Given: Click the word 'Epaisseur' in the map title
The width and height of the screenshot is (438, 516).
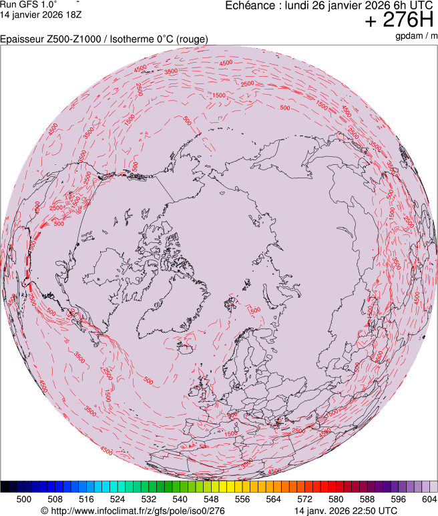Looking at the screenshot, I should [21, 39].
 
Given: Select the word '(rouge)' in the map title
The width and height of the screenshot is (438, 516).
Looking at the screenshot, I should [191, 39].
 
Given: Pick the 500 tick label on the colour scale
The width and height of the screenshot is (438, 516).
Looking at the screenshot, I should [24, 499].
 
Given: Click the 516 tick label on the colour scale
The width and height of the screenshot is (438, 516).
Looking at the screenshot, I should [86, 499].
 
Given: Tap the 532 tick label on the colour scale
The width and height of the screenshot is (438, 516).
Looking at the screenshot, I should [149, 499].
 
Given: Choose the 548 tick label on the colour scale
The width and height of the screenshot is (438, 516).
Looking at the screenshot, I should [211, 499].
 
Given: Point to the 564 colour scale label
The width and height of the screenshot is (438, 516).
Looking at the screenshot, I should [274, 499].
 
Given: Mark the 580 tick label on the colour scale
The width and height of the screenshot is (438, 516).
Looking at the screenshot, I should [336, 499].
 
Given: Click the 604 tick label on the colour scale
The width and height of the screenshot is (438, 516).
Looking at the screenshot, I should [429, 499].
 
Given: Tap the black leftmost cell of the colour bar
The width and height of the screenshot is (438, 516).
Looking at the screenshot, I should [5, 487].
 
